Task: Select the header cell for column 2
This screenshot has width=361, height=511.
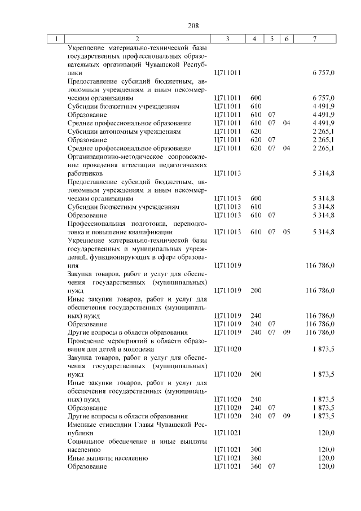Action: (x=137, y=39)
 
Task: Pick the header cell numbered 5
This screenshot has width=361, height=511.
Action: (x=271, y=39)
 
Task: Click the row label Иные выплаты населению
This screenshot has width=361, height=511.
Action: (x=107, y=458)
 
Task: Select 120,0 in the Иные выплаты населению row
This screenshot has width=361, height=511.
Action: (x=327, y=458)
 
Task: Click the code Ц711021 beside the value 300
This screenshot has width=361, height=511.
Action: (x=228, y=449)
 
